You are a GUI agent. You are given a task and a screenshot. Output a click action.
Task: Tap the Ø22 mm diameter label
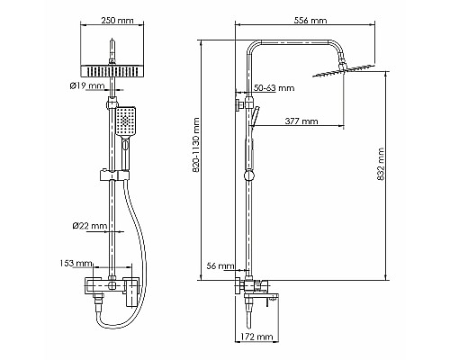click(x=93, y=226)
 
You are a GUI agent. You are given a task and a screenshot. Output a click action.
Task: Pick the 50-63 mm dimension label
click(x=274, y=88)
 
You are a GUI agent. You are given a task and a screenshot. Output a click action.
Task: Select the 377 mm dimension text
click(x=301, y=120)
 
